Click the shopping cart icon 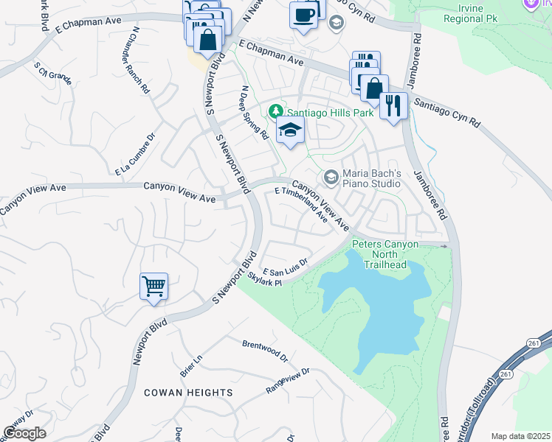pyautogui.click(x=153, y=286)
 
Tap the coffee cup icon pyautogui.click(x=303, y=15)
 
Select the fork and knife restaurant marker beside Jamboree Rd pyautogui.click(x=393, y=105)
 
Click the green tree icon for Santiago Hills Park pyautogui.click(x=277, y=112)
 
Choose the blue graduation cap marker pyautogui.click(x=291, y=131)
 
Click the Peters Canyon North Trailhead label pyautogui.click(x=385, y=254)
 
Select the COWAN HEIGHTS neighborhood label pyautogui.click(x=188, y=393)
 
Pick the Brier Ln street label pyautogui.click(x=189, y=361)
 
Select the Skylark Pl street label pyautogui.click(x=265, y=281)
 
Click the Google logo pyautogui.click(x=24, y=432)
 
